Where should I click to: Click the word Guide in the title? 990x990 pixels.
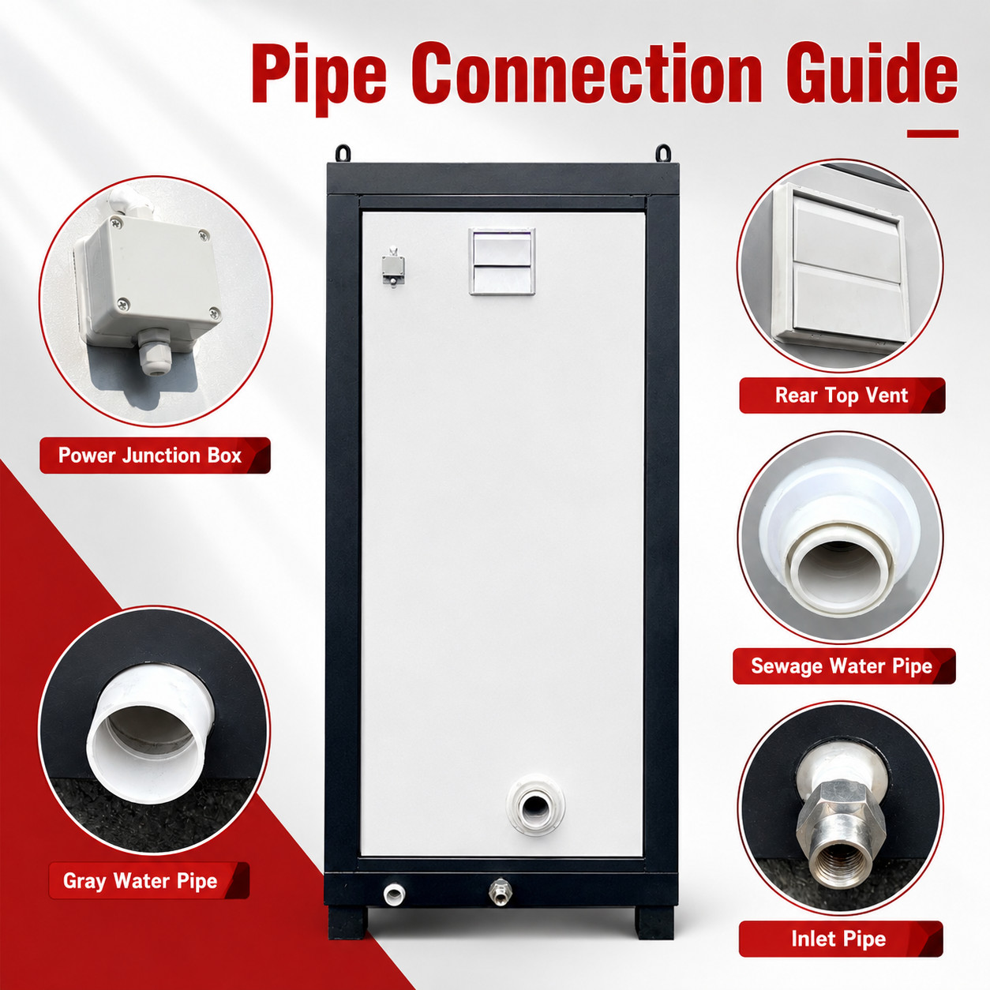click(872, 74)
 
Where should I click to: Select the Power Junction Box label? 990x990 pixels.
click(149, 456)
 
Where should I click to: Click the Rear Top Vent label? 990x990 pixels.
click(841, 396)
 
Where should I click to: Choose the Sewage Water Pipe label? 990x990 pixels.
click(842, 666)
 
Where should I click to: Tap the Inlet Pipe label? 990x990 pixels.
click(838, 939)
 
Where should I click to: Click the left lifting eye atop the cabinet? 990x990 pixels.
click(343, 152)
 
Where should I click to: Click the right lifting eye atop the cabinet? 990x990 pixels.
click(663, 152)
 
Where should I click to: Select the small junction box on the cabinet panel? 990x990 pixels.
click(393, 267)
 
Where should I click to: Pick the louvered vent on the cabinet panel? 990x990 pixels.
click(502, 261)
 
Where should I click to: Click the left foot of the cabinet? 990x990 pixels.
click(347, 922)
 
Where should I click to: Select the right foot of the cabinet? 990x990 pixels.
click(654, 922)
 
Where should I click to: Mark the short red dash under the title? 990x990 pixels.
click(932, 134)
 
